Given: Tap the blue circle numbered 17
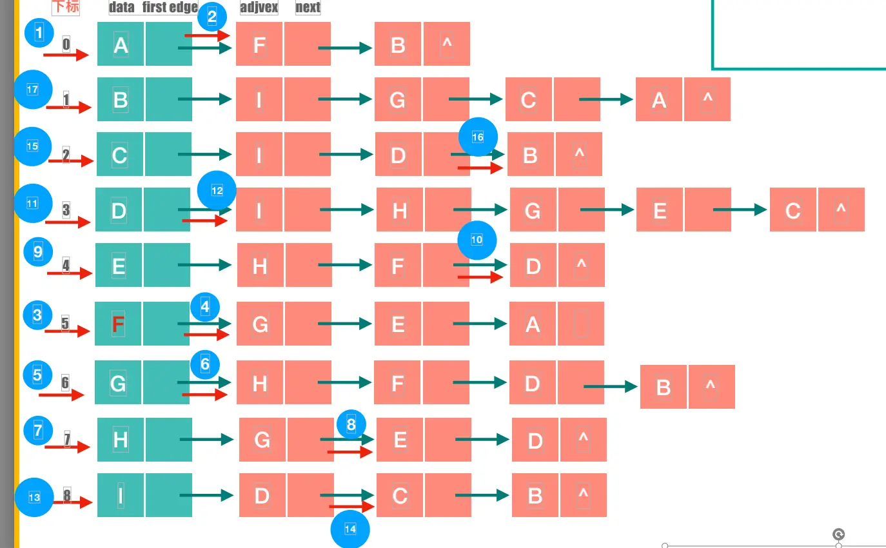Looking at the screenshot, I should coord(33,90).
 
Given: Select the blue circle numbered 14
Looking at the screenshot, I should coord(350,529).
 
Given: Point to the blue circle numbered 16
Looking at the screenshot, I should coord(478,137).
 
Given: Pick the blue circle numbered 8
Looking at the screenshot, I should coord(351,424).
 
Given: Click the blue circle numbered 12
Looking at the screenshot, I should coord(217,190).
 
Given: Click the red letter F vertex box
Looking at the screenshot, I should coord(119,324).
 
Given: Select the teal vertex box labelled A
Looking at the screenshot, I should coord(121,44).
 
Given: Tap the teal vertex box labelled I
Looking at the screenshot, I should coord(121,495).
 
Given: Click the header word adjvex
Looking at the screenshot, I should coord(259,8).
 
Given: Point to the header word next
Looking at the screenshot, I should coord(308,8).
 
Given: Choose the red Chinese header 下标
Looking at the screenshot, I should coord(66,7).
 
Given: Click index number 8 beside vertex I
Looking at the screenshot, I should coord(67,496).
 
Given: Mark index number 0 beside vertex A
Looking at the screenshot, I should coord(66,44).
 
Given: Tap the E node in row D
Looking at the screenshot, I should coord(660,210).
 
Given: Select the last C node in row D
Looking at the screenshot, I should coord(793,210).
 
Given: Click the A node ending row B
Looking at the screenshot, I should coord(659,99).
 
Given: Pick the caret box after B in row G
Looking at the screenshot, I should coord(711,387).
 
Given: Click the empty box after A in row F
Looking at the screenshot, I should coord(580,324).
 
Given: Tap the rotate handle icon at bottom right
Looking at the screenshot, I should coord(839,534).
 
